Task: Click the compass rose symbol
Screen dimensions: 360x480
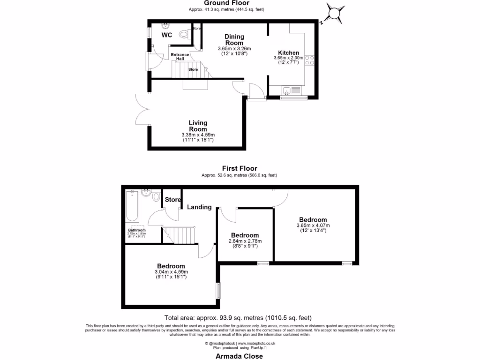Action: (x=336, y=13)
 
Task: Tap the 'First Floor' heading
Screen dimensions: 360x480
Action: (x=240, y=168)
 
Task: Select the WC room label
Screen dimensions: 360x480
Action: (x=167, y=35)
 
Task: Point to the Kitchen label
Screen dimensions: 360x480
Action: (x=288, y=52)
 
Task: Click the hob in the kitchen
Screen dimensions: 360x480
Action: (x=310, y=60)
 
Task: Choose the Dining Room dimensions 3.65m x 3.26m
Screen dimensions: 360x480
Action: (x=234, y=49)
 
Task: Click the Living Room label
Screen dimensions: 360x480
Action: (x=198, y=126)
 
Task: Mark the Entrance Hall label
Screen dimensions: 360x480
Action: (x=180, y=57)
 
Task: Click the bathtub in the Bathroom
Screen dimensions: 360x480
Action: (x=132, y=207)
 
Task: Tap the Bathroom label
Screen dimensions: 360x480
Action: (x=137, y=230)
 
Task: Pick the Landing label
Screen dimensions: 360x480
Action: (x=199, y=207)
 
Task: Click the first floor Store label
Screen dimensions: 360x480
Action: (x=172, y=200)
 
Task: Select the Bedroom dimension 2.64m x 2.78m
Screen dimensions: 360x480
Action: (x=245, y=241)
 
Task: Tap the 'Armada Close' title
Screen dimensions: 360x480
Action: (x=240, y=356)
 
